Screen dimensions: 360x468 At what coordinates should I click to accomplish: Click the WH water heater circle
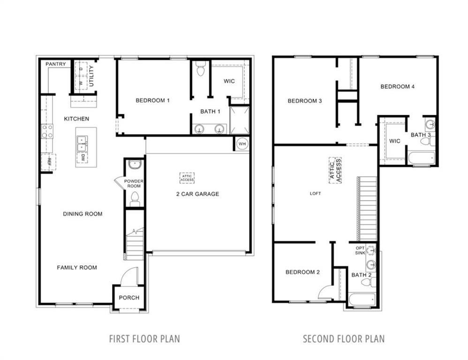242,144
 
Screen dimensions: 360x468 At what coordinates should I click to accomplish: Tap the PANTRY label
55,64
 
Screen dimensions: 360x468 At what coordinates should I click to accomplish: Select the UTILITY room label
91,75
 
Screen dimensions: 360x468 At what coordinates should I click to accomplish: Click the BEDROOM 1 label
152,100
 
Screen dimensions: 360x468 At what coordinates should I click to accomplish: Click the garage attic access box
187,178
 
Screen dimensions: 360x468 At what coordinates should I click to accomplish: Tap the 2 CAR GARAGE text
197,194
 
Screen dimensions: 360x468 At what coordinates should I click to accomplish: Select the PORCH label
129,298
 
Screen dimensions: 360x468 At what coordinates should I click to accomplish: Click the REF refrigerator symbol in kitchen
49,162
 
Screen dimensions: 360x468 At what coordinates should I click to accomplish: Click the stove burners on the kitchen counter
47,131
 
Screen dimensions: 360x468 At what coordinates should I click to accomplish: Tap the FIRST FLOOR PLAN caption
144,338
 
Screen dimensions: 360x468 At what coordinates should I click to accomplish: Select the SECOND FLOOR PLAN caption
343,338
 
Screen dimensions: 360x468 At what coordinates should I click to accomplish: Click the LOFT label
315,194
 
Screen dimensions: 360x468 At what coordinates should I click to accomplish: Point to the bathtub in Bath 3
421,158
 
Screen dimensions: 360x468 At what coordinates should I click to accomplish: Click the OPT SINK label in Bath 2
360,251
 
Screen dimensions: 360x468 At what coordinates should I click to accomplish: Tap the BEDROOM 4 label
397,87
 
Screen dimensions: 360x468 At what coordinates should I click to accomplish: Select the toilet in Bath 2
371,282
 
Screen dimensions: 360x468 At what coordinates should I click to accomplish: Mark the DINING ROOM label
83,214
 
